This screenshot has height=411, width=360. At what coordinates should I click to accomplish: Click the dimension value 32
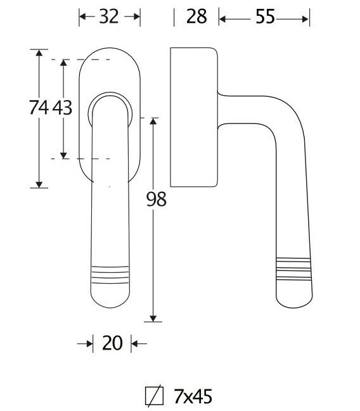[x=109, y=16]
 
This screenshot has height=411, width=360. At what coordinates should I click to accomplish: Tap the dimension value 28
[x=196, y=16]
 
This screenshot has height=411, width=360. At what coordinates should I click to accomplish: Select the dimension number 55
[x=265, y=16]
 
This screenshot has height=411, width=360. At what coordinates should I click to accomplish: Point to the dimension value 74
[x=39, y=108]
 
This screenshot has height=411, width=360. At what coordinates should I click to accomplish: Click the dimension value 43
[x=62, y=108]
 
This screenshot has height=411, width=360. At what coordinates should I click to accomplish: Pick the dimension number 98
[x=156, y=199]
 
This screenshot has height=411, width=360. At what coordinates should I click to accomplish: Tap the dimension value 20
[x=112, y=343]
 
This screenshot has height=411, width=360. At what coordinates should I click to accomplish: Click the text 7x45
[x=193, y=396]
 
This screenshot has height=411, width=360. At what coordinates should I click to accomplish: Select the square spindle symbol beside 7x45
[x=154, y=396]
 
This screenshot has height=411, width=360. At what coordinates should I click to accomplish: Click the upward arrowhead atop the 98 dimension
[x=153, y=121]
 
